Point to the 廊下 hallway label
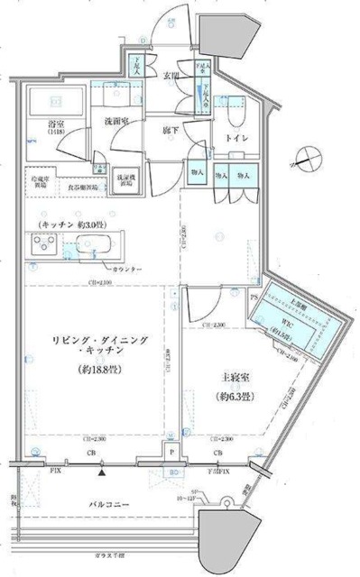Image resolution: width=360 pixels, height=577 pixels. [x=172, y=129]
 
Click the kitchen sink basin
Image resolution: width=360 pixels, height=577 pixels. [x=90, y=244]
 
